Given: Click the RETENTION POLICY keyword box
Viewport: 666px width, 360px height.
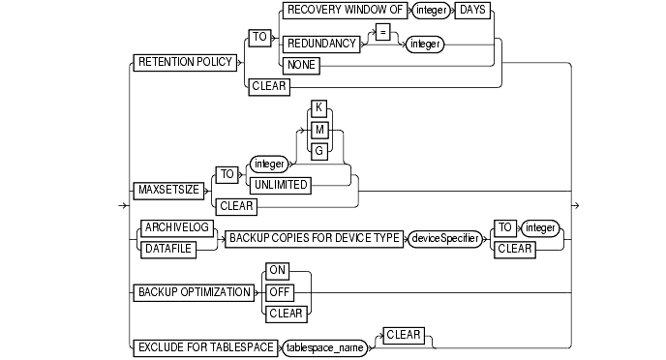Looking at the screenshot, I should pyautogui.click(x=183, y=62).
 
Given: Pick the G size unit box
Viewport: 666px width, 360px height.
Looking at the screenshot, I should pyautogui.click(x=319, y=150).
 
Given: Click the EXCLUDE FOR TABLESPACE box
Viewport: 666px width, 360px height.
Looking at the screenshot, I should pyautogui.click(x=200, y=345).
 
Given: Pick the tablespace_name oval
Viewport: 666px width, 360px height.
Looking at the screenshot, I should pyautogui.click(x=323, y=345).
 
